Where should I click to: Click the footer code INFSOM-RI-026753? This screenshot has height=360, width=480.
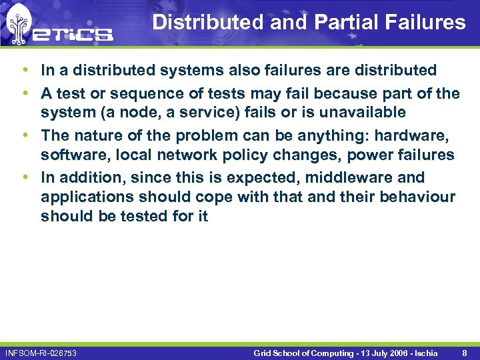pos(41,352)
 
